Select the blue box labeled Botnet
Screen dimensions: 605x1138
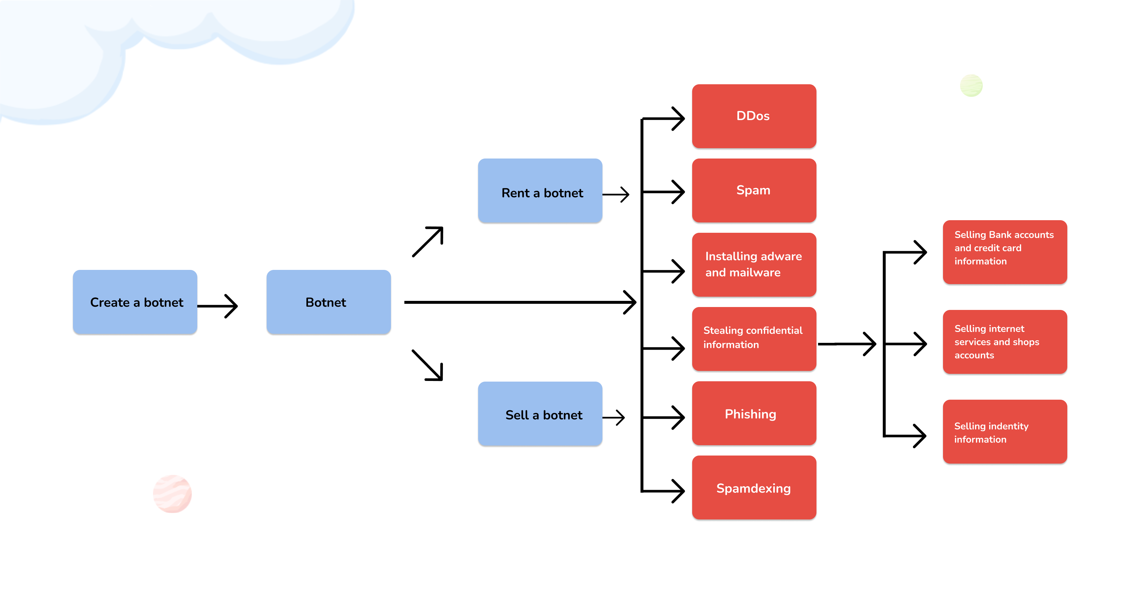328,302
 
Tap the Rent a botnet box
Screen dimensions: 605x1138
540,191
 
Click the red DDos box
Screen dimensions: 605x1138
754,116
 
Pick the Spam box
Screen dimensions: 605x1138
754,190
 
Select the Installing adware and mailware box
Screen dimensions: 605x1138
754,265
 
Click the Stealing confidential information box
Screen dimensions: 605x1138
754,339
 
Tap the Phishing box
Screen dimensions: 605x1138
754,413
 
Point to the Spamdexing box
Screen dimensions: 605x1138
754,487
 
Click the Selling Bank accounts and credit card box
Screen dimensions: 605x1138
1005,252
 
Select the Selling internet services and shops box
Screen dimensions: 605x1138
1005,342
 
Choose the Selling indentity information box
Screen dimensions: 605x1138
1005,432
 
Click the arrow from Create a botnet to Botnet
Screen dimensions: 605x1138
218,306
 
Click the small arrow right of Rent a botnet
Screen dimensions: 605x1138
616,194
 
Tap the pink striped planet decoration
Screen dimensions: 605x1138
172,494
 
